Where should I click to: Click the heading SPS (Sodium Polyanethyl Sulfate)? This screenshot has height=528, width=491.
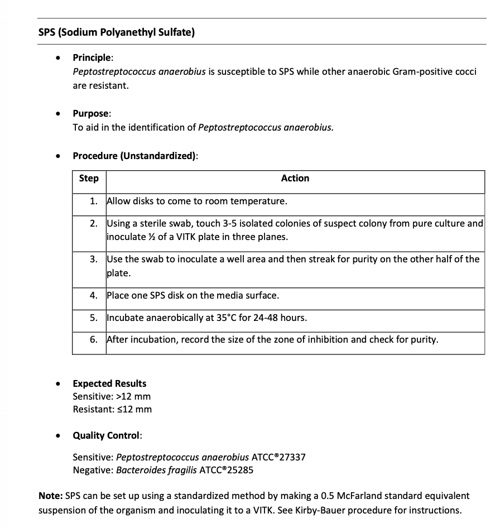tap(117, 32)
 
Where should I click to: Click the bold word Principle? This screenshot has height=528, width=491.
tap(93, 57)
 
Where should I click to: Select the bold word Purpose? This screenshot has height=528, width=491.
tap(91, 113)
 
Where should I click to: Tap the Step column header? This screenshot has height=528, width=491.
tap(89, 179)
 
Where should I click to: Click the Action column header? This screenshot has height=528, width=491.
tap(295, 179)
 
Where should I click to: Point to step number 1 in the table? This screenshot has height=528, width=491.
tap(94, 201)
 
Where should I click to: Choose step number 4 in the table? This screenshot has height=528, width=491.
tap(94, 295)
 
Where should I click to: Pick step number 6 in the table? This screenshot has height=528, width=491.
tap(94, 339)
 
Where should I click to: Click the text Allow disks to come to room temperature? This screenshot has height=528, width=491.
tap(196, 201)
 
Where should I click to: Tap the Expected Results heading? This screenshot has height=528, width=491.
tap(109, 383)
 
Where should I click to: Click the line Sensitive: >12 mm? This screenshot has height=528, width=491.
tap(112, 396)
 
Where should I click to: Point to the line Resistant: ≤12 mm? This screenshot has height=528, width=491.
tap(112, 409)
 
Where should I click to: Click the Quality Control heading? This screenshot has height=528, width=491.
tap(107, 435)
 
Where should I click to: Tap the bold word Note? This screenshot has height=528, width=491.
tap(50, 496)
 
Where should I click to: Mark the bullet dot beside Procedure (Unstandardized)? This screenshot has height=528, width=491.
tap(58, 156)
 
